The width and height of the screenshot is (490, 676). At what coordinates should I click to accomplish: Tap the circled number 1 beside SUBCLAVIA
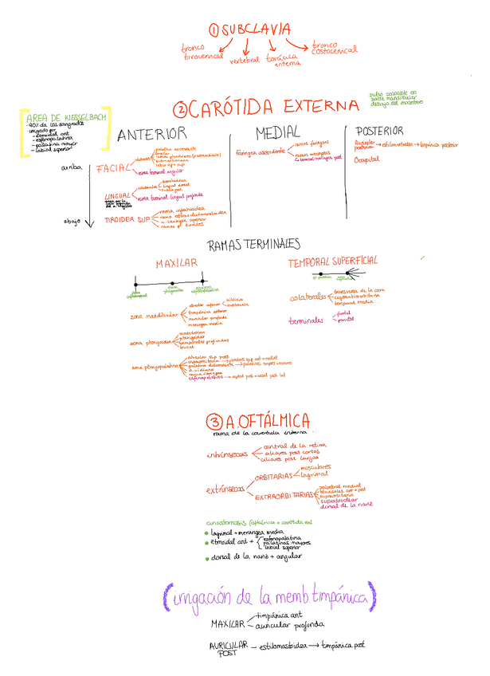point(214,30)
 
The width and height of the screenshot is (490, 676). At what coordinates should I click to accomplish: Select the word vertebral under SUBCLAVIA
point(245,60)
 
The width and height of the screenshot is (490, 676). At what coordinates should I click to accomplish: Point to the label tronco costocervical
point(335,49)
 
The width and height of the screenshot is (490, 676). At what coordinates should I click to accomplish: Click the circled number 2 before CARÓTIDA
point(182,108)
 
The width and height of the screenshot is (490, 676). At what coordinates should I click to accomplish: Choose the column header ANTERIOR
point(151,135)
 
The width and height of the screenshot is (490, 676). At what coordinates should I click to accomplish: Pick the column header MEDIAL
point(277,132)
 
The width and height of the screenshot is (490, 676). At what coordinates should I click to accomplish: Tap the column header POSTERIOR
point(379,131)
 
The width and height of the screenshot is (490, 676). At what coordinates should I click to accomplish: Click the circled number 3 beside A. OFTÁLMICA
point(213,422)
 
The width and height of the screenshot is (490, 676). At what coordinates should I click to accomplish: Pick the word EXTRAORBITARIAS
point(283,497)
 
